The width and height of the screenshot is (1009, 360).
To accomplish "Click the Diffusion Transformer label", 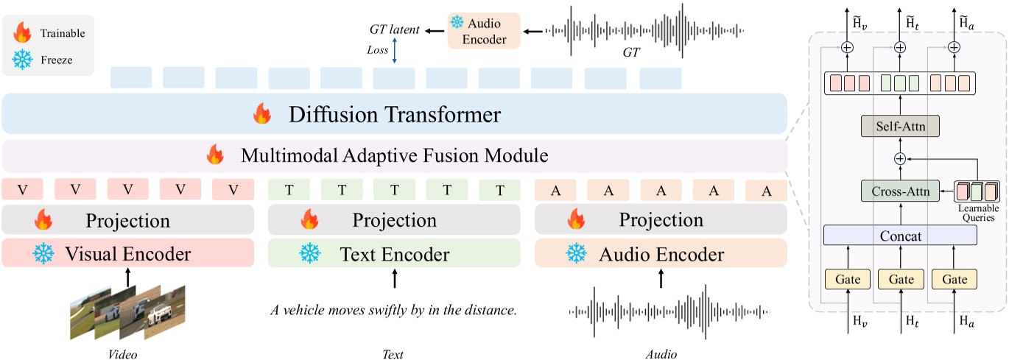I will click(395, 115).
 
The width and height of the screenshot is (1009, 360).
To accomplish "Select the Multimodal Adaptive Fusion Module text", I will click(394, 155).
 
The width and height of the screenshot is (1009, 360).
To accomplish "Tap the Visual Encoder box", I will click(127, 254).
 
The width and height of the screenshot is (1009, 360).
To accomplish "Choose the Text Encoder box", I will click(394, 254).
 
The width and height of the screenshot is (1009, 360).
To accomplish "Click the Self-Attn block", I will click(899, 126).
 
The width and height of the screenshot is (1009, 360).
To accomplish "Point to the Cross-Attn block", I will click(899, 191).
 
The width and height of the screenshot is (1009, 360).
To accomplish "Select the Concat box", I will click(899, 236).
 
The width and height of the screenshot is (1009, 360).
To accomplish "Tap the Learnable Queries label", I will click(977, 213).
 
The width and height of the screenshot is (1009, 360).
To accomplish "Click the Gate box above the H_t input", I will click(899, 280).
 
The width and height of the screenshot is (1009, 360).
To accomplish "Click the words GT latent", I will click(394, 30).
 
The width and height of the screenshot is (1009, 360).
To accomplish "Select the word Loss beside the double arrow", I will click(377, 50).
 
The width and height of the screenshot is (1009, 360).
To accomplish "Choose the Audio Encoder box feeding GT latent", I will click(483, 32).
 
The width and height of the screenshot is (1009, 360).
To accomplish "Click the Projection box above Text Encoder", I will click(394, 220).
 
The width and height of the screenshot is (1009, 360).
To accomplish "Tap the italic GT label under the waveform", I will click(632, 54).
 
